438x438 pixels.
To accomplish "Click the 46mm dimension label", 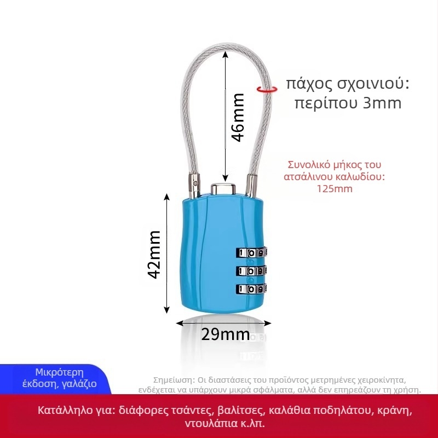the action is point(238,118).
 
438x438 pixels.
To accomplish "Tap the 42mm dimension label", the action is point(154,255).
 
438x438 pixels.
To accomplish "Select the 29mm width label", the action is point(226,334).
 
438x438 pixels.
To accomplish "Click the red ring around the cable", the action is point(267,89).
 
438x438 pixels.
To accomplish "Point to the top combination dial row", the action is point(252,252).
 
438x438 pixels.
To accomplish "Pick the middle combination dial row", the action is point(251,270).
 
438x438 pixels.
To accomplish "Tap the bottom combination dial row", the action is point(251,289).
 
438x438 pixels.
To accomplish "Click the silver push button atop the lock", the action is point(223,188).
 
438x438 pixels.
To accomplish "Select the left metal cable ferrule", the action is point(194,186).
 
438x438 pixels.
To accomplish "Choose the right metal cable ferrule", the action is point(251,186).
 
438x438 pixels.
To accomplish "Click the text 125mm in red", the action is point(335,189).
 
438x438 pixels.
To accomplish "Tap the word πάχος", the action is point(309,84).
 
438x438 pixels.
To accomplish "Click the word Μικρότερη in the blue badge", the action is point(60,372).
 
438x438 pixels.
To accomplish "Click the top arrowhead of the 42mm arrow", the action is point(167,197).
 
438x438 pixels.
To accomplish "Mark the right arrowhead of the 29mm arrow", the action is point(267,323).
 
